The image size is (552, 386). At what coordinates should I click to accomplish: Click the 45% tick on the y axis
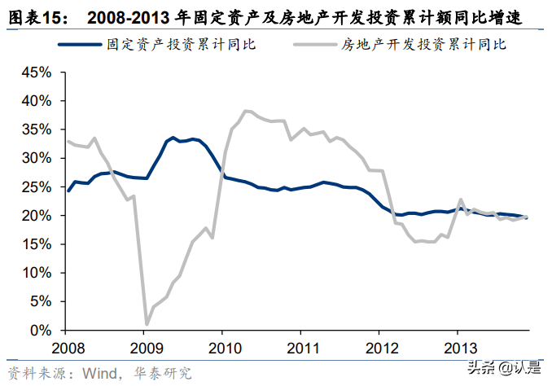coord(37,72)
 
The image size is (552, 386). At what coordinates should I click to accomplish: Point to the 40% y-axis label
coord(37,101)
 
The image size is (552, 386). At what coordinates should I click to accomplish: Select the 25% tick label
coord(37,187)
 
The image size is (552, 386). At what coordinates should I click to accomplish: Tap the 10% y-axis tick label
coord(37,274)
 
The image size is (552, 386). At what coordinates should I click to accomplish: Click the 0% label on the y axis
coord(42,331)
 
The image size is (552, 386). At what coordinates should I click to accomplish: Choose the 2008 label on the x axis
coord(68,348)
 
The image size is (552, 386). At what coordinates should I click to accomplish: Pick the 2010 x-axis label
coord(223,348)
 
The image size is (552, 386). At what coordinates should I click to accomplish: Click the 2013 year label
coord(457,348)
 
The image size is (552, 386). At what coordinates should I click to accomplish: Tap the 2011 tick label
coord(301,348)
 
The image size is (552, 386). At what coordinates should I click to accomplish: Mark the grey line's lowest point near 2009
coord(147,325)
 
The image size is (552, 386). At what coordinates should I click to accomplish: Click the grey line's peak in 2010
coord(244,111)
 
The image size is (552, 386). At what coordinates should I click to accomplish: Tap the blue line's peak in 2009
coord(173,138)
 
